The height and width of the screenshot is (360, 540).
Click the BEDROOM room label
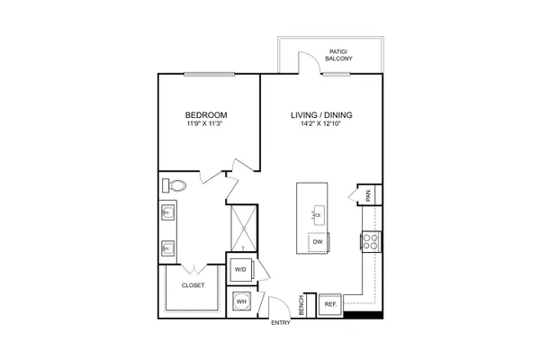point(206,114)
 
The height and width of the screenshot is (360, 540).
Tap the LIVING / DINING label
point(321,114)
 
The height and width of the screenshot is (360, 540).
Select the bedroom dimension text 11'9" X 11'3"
point(205,124)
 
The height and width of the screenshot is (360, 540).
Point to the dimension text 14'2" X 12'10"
point(321,124)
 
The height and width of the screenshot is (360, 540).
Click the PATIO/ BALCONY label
point(339,55)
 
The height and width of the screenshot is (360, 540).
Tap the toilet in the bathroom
point(174,185)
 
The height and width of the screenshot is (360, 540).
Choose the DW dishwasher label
point(318,242)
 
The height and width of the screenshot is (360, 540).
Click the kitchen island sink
point(319,215)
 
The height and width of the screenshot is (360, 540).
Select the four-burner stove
point(371,241)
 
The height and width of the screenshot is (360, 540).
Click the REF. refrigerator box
point(330,304)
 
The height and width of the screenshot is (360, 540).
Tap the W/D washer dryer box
point(240,269)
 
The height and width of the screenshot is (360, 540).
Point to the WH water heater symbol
point(242,301)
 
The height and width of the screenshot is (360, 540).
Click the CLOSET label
point(193,285)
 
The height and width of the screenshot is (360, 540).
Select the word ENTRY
point(281,323)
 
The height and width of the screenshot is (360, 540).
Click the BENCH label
point(301,305)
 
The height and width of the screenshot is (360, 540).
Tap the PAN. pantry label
point(368,195)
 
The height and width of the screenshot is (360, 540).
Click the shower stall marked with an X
point(244,229)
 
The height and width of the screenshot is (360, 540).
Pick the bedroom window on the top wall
point(209,74)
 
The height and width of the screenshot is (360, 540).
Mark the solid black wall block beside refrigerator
point(363,315)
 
